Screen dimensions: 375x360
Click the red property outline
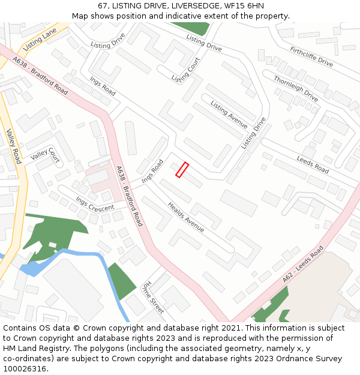pyautogui.click(x=182, y=170)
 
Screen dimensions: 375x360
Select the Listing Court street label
pyautogui.click(x=185, y=70)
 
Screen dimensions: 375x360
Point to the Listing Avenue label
pyautogui.click(x=229, y=115)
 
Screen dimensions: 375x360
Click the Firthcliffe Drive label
pyautogui.click(x=311, y=56)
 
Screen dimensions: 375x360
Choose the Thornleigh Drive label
pyautogui.click(x=296, y=88)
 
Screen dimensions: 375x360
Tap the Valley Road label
pyautogui.click(x=13, y=146)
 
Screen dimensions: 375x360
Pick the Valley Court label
pyautogui.click(x=45, y=155)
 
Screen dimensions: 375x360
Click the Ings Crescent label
pyautogui.click(x=94, y=203)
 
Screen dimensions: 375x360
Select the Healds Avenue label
pyautogui.click(x=186, y=217)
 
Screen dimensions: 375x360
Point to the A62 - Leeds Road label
pyautogui.click(x=303, y=264)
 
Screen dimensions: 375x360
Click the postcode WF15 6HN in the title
pyautogui.click(x=243, y=6)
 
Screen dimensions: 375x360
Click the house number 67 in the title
pyautogui.click(x=103, y=6)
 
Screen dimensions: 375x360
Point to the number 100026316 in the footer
pyautogui.click(x=25, y=368)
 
